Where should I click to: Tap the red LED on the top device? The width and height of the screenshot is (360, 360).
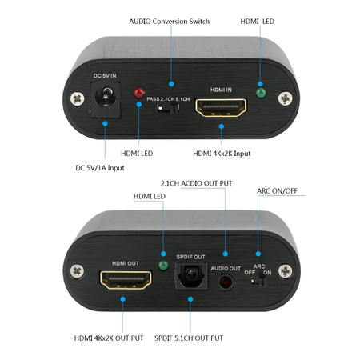click(142, 93)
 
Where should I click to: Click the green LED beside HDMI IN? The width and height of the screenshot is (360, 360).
click(259, 92)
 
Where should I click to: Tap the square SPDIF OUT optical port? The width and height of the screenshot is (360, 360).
click(190, 276)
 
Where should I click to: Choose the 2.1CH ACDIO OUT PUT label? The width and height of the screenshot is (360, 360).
click(196, 183)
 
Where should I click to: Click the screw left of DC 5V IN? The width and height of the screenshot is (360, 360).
click(76, 99)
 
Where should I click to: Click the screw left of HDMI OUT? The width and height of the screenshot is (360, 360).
click(77, 270)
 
